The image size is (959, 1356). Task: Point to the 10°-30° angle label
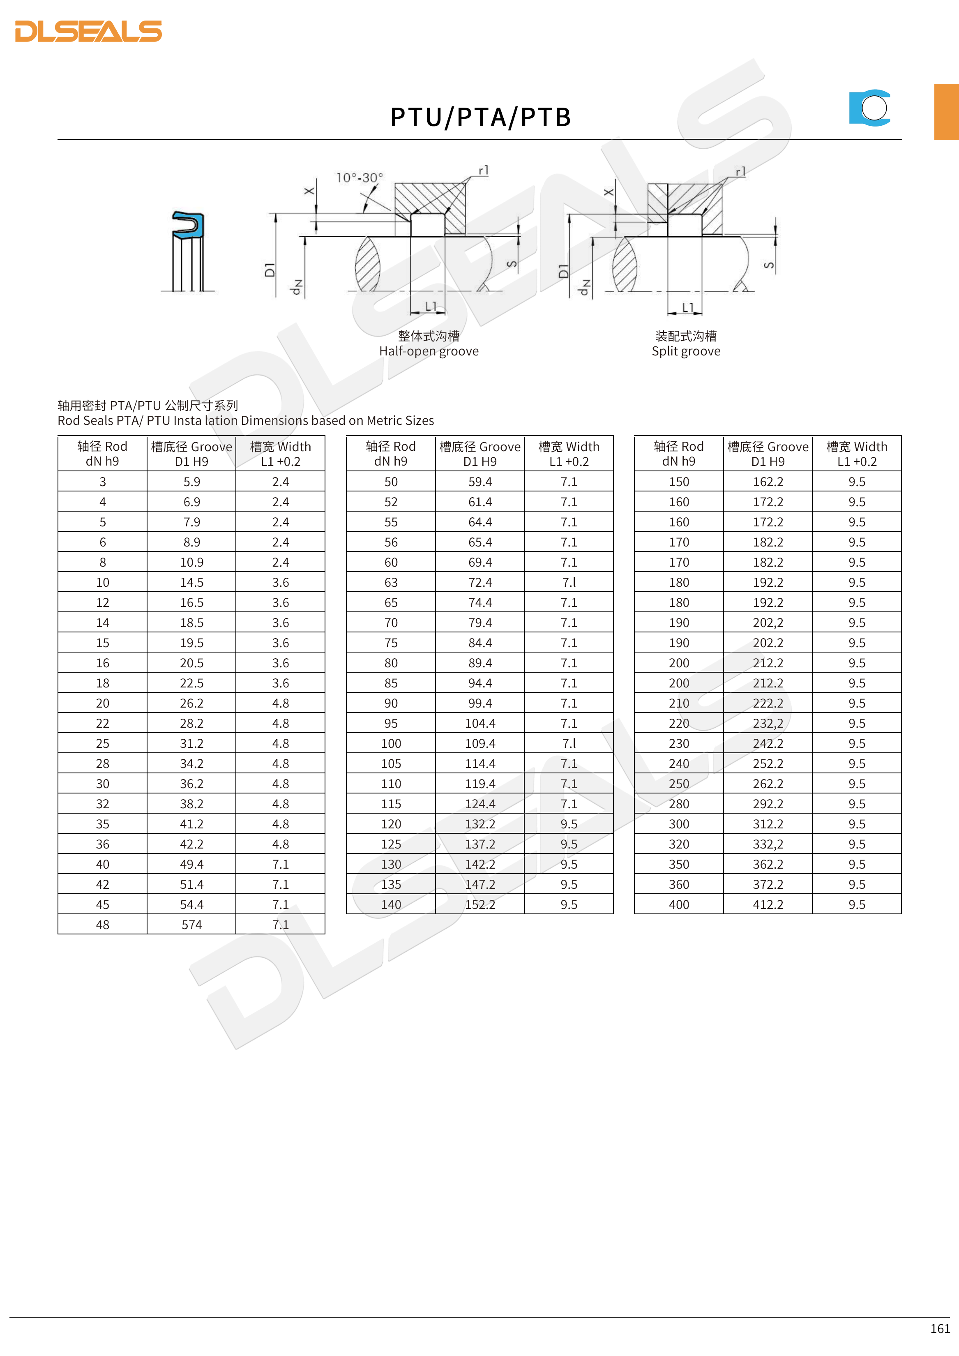coord(360,177)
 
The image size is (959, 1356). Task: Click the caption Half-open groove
coord(429,351)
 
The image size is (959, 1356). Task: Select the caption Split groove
coord(686,351)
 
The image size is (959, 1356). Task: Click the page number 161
coord(940,1328)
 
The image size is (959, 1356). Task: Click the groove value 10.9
coord(191,562)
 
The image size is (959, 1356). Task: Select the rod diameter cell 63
coord(391,582)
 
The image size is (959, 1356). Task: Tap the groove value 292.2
coord(768,804)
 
